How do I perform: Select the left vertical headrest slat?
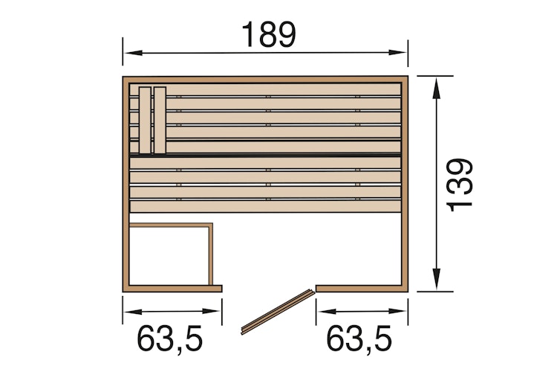pyautogui.click(x=145, y=119)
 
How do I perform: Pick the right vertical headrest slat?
pyautogui.click(x=160, y=119)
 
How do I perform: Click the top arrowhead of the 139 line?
pyautogui.click(x=437, y=84)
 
